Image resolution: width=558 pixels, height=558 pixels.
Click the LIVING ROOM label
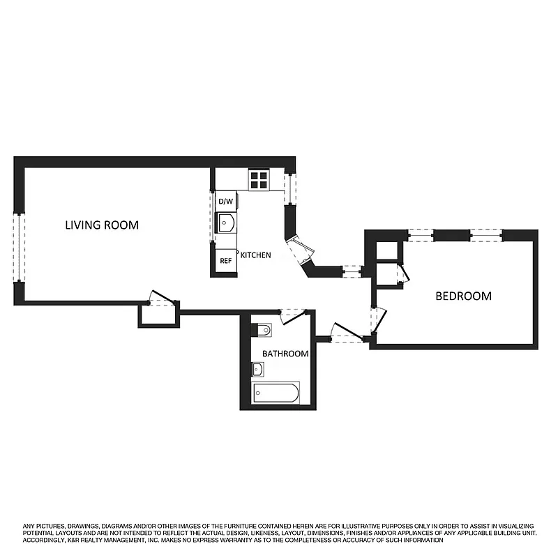click(x=102, y=225)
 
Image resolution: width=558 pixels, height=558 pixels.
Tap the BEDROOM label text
click(x=463, y=296)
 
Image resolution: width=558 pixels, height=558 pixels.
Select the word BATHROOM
click(x=285, y=354)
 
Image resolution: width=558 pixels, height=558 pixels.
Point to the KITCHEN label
click(x=255, y=256)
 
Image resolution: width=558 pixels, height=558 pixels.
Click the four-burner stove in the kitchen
click(x=259, y=180)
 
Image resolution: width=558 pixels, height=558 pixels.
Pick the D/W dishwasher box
click(x=225, y=202)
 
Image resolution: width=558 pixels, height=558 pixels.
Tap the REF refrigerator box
click(x=225, y=261)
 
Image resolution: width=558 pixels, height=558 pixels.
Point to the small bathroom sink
click(x=257, y=368)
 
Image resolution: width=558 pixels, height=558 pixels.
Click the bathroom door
click(x=291, y=316)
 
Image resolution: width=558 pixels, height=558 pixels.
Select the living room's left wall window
click(x=20, y=248)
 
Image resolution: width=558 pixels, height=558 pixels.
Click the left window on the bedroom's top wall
click(x=420, y=235)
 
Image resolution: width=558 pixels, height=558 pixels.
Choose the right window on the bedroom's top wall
click(x=485, y=235)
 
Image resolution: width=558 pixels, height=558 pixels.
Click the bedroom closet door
click(x=402, y=274)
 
